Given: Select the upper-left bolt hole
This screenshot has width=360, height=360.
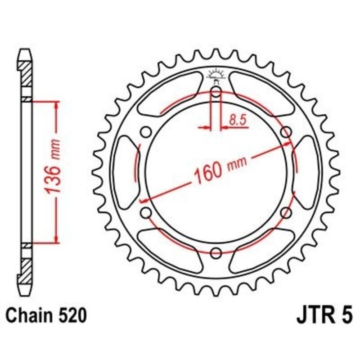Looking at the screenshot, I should [146, 132].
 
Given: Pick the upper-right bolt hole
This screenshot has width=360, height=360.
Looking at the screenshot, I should [286, 132].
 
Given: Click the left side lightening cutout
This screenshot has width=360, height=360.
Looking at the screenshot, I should [126, 172].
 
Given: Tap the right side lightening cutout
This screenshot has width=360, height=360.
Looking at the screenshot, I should [306, 172].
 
